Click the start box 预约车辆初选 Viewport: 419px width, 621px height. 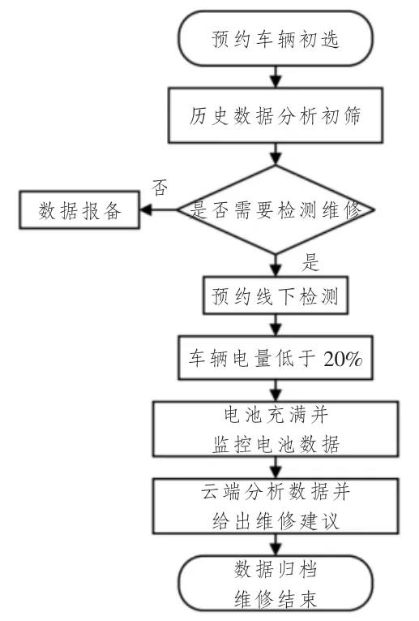[x=276, y=38]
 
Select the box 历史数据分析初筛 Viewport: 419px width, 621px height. [x=276, y=115]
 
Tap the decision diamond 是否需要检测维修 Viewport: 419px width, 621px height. [x=276, y=209]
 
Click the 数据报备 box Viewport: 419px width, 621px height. [x=79, y=210]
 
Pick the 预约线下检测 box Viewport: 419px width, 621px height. [x=276, y=295]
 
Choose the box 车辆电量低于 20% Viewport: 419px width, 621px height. [x=276, y=358]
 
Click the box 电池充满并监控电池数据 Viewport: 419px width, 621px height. [x=276, y=429]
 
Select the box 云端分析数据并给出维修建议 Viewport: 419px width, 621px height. [x=276, y=507]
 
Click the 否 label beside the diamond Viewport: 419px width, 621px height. [x=160, y=188]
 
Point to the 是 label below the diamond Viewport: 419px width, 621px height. [x=310, y=262]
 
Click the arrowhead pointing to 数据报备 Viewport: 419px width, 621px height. [x=145, y=210]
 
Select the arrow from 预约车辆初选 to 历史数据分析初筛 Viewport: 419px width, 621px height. [x=276, y=77]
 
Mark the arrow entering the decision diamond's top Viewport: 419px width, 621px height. [x=276, y=154]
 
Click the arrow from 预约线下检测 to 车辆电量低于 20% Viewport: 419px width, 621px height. [x=276, y=326]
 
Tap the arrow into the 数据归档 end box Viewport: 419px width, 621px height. [x=276, y=545]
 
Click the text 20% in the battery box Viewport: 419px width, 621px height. [x=343, y=359]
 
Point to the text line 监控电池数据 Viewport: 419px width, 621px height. [x=276, y=444]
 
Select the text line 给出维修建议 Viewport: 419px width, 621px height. [x=276, y=521]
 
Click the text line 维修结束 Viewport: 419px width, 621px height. [x=276, y=599]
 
